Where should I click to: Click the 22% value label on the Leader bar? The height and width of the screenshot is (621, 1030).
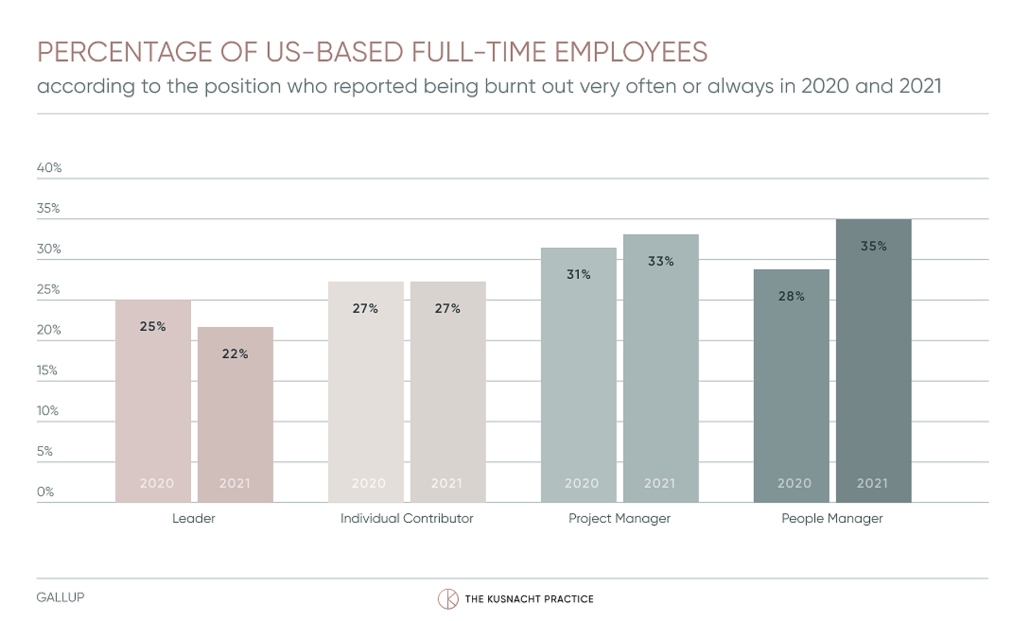click(235, 354)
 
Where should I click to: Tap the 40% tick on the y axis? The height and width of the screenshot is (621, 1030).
click(49, 168)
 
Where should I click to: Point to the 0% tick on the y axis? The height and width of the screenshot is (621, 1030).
click(46, 492)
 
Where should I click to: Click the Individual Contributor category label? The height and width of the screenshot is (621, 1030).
click(407, 519)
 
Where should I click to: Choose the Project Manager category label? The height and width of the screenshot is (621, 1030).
click(620, 519)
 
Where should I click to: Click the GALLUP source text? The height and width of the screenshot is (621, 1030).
click(60, 597)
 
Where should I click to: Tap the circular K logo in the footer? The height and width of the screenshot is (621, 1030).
click(448, 599)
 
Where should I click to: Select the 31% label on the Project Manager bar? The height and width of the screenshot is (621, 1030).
click(578, 275)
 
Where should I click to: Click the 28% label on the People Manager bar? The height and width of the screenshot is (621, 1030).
click(791, 297)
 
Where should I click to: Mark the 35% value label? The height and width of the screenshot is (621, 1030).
click(873, 246)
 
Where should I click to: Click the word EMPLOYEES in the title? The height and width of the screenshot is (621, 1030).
click(631, 52)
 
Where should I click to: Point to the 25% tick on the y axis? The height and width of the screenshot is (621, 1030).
click(48, 290)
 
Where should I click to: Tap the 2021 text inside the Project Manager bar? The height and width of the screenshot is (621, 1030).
click(660, 483)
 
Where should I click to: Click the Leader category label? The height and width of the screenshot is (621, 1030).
click(194, 519)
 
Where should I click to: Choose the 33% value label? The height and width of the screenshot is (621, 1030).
click(660, 261)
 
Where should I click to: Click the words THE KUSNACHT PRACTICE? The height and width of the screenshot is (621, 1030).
click(529, 599)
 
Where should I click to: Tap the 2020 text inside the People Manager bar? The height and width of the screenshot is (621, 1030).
click(794, 483)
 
